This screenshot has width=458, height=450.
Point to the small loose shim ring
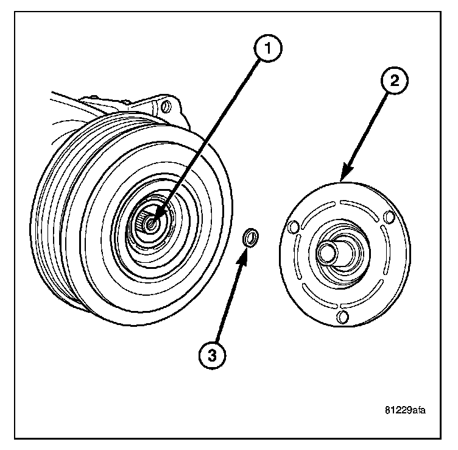pyautogui.click(x=250, y=237)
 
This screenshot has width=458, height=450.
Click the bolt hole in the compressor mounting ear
pyautogui.click(x=164, y=108)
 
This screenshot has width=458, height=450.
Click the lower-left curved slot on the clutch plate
pyautogui.click(x=312, y=297)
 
